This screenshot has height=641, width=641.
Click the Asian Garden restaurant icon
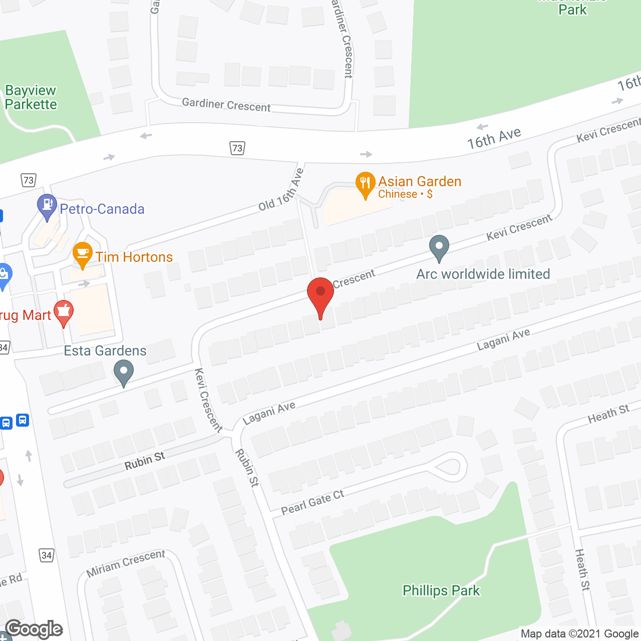pos(366,184)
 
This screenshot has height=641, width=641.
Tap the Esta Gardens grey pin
pos(124,373)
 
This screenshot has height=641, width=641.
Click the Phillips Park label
pos(441,591)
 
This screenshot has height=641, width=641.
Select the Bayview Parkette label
pos(31,98)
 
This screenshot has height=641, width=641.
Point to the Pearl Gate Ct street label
pos(312,502)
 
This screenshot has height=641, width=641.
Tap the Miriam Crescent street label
pos(126,563)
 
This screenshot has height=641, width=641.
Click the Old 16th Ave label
pos(281,190)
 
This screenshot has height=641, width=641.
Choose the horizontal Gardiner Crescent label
pos(226,105)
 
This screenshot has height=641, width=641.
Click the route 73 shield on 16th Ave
pos(237,148)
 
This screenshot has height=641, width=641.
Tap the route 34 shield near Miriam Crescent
pos(47,555)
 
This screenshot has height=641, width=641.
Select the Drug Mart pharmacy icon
pos(64,312)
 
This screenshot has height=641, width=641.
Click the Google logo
pos(34,629)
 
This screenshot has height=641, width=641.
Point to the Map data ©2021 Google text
pos(579,634)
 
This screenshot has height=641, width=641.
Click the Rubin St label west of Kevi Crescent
pos(145,461)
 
